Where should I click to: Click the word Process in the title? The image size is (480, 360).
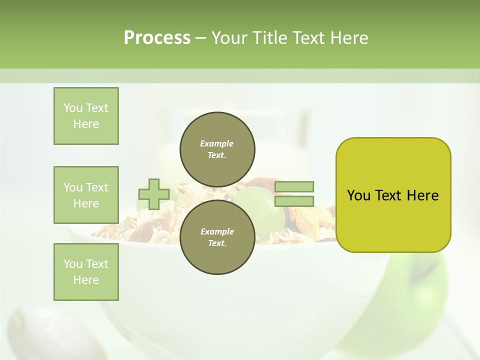pyautogui.click(x=157, y=38)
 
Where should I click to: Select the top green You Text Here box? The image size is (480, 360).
pyautogui.click(x=86, y=116)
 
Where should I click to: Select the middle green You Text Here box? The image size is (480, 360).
pyautogui.click(x=86, y=195)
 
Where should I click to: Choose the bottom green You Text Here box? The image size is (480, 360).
pyautogui.click(x=86, y=272)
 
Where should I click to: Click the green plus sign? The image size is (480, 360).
pyautogui.click(x=154, y=194)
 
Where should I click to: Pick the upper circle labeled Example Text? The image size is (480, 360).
pyautogui.click(x=217, y=149)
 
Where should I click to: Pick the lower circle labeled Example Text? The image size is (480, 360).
pyautogui.click(x=217, y=237)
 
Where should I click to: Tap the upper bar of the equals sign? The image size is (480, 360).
pyautogui.click(x=294, y=186)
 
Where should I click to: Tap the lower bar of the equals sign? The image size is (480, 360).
pyautogui.click(x=294, y=201)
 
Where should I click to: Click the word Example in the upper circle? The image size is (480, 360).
pyautogui.click(x=217, y=143)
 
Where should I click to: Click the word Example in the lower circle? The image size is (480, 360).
pyautogui.click(x=217, y=231)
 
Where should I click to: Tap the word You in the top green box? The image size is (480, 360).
pyautogui.click(x=73, y=108)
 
